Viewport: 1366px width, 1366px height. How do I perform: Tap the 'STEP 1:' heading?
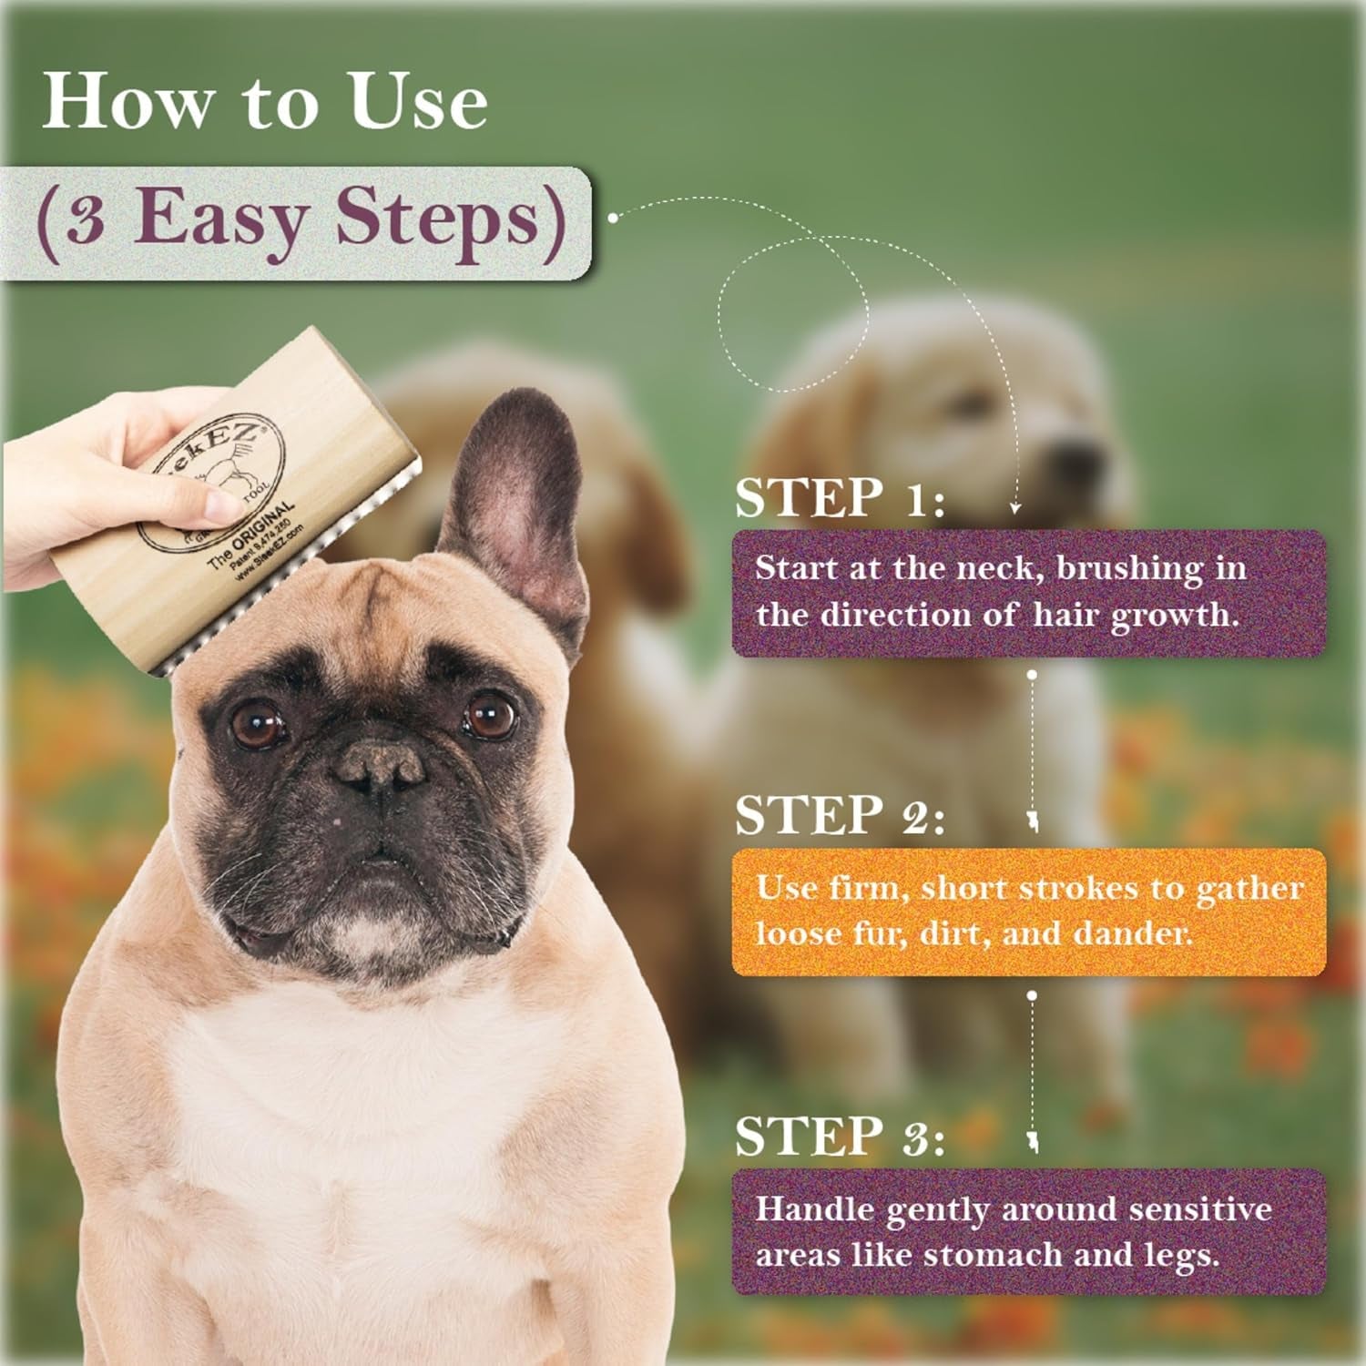tap(840, 498)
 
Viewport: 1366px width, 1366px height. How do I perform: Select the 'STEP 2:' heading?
tap(840, 815)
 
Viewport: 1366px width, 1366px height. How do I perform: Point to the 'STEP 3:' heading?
tap(840, 1137)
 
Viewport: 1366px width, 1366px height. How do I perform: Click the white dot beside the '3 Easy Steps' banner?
tap(614, 218)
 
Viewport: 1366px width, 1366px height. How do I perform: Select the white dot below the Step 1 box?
tap(1032, 675)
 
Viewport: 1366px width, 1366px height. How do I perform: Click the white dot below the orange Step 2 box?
tap(1032, 995)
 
